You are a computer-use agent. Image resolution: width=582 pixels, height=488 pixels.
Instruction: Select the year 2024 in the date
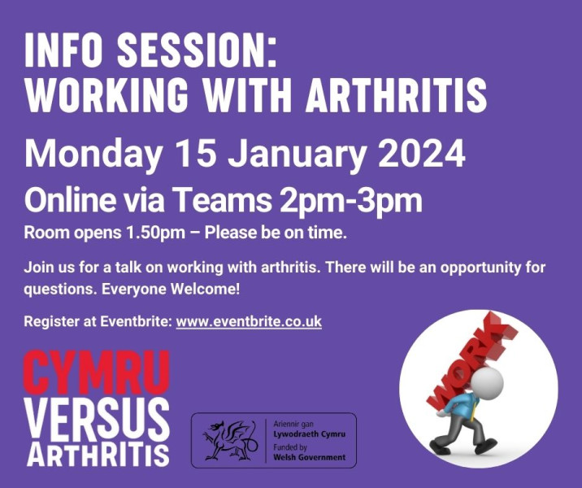(x=422, y=154)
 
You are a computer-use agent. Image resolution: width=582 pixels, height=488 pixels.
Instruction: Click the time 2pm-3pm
(x=351, y=201)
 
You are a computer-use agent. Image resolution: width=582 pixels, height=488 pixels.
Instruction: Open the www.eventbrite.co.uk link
(x=249, y=321)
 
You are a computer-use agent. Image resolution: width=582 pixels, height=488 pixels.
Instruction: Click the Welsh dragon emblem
(x=230, y=440)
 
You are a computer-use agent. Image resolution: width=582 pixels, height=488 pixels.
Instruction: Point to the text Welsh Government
(x=310, y=457)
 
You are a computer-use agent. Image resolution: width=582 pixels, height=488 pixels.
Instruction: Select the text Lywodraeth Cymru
(x=309, y=434)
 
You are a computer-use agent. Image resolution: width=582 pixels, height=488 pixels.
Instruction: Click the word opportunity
(x=480, y=268)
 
